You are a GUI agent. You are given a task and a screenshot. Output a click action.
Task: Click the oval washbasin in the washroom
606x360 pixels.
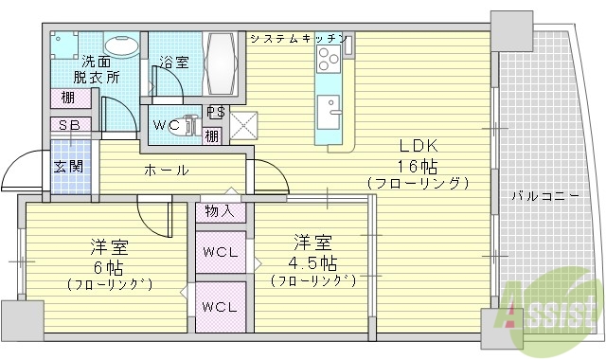tap(119, 46)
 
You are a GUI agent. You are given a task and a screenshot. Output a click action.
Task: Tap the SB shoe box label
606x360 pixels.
tap(69, 124)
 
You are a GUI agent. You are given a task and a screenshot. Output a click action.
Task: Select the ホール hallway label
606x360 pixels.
tap(166, 171)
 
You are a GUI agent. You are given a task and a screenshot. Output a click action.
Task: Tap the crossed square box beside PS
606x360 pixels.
tap(241, 125)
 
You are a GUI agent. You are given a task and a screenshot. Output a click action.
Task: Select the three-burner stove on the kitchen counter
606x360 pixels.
tap(330, 63)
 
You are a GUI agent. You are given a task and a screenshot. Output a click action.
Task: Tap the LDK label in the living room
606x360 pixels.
tap(416, 147)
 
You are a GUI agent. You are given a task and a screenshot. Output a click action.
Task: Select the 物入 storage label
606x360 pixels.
tap(219, 210)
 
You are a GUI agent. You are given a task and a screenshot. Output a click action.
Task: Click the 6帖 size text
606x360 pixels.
tap(109, 266)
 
